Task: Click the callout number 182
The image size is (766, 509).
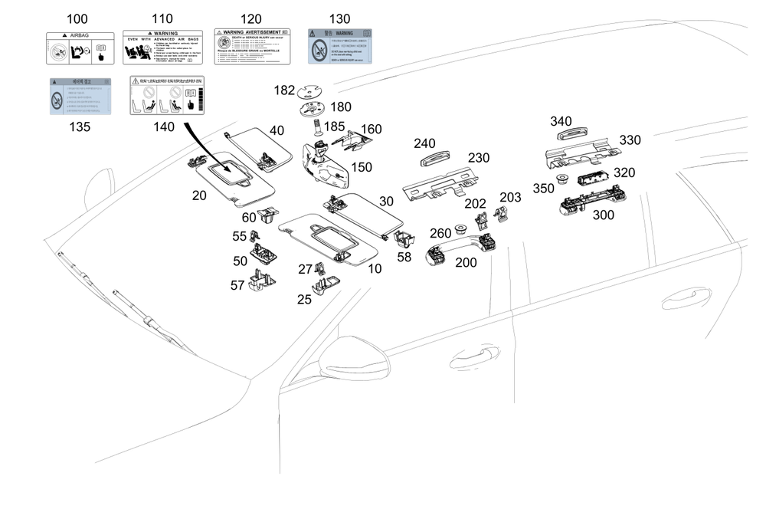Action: pos(284,90)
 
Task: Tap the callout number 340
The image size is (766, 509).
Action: pos(561,121)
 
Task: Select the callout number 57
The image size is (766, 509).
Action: pos(238,285)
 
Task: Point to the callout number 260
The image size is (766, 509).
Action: pos(440,233)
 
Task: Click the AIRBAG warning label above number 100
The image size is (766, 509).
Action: pos(80,48)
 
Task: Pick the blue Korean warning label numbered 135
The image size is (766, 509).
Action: pos(80,96)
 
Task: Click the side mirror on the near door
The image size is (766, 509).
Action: pos(349,360)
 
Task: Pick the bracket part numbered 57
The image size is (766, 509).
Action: pos(262,281)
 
